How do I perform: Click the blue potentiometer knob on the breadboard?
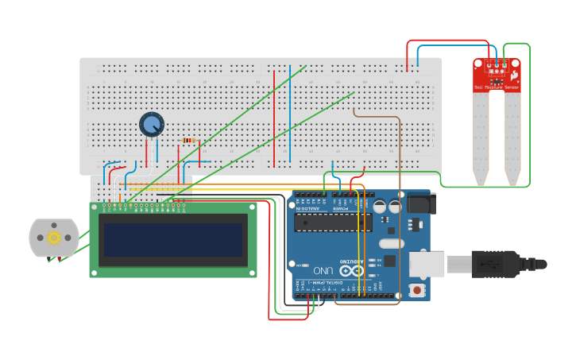pos(151,124)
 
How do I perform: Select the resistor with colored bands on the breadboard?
pos(188,141)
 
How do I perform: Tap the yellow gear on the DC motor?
pos(54,237)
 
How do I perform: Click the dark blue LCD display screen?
pos(172,240)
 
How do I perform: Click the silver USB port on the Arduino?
pos(427,265)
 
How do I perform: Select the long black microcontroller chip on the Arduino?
pos(333,222)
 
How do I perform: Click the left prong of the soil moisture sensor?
pos(481,139)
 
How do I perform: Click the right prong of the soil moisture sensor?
pos(512,139)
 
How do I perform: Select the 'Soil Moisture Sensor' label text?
pos(496,87)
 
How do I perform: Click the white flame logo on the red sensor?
pos(514,75)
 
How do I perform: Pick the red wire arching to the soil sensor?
pos(449,41)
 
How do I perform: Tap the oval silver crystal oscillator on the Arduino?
pos(392,243)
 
